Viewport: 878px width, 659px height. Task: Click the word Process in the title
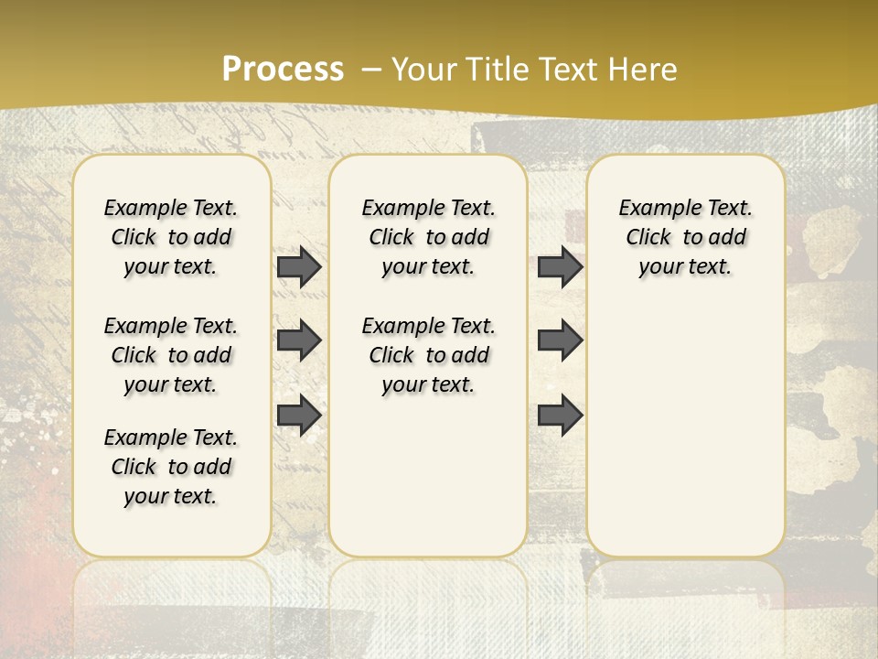[283, 70]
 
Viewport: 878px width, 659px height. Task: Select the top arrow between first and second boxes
[299, 266]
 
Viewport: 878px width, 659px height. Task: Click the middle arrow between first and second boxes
[299, 340]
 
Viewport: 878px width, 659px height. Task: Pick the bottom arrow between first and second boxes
[299, 416]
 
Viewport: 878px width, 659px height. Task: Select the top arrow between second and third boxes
[560, 266]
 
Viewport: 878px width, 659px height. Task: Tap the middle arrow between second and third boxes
[560, 340]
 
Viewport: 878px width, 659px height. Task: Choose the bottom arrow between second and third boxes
[560, 416]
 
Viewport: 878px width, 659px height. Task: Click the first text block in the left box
[171, 237]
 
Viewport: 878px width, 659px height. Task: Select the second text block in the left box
[171, 355]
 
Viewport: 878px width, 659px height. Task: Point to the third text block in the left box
[171, 467]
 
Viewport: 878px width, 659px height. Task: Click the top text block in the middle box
[428, 237]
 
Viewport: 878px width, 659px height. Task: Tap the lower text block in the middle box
[428, 355]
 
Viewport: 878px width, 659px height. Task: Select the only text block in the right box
[685, 237]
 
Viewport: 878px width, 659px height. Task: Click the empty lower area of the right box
[685, 430]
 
